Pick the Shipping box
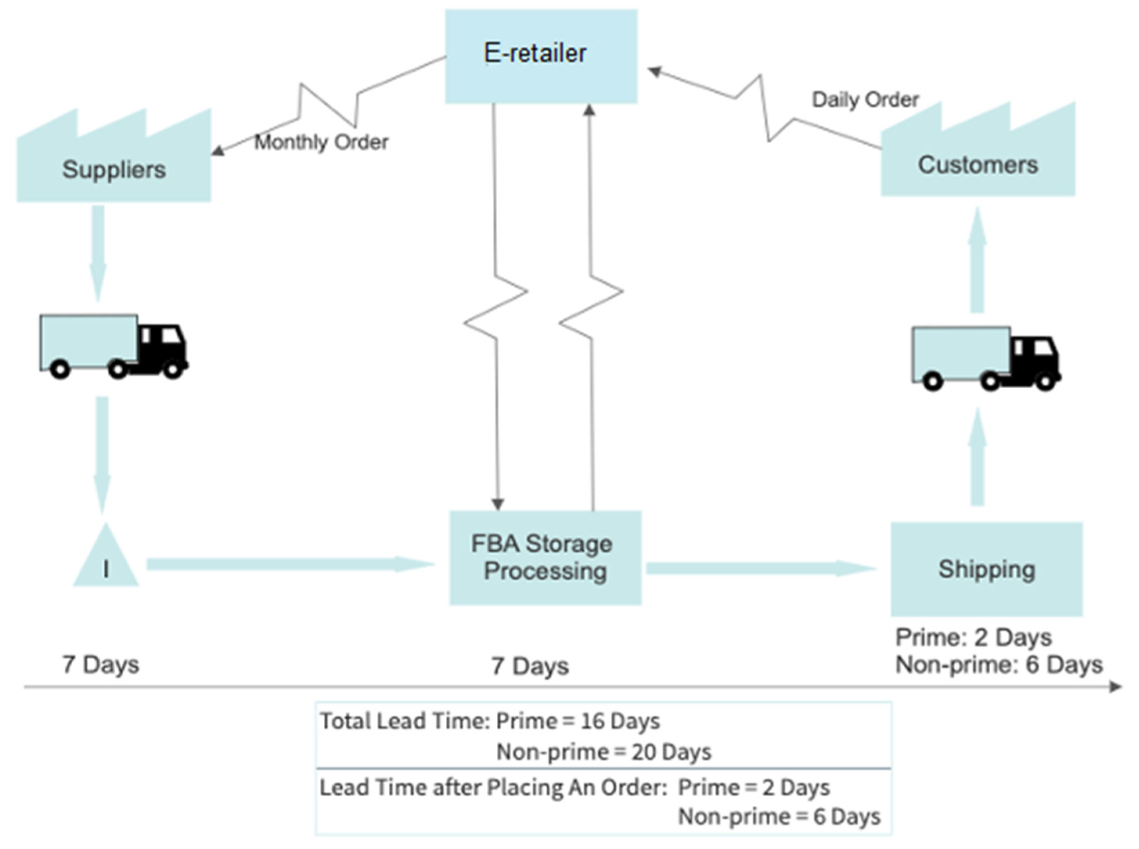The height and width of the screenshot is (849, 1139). coord(986,569)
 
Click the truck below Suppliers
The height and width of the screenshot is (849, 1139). coord(113,346)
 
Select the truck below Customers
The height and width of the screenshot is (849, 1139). coord(986,358)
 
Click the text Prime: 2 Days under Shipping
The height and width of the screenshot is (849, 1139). coord(973,638)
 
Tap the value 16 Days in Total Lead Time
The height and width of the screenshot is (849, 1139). coord(620,721)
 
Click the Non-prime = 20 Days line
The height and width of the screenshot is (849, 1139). coord(604,752)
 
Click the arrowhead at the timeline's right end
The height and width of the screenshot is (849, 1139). coord(1115,687)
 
